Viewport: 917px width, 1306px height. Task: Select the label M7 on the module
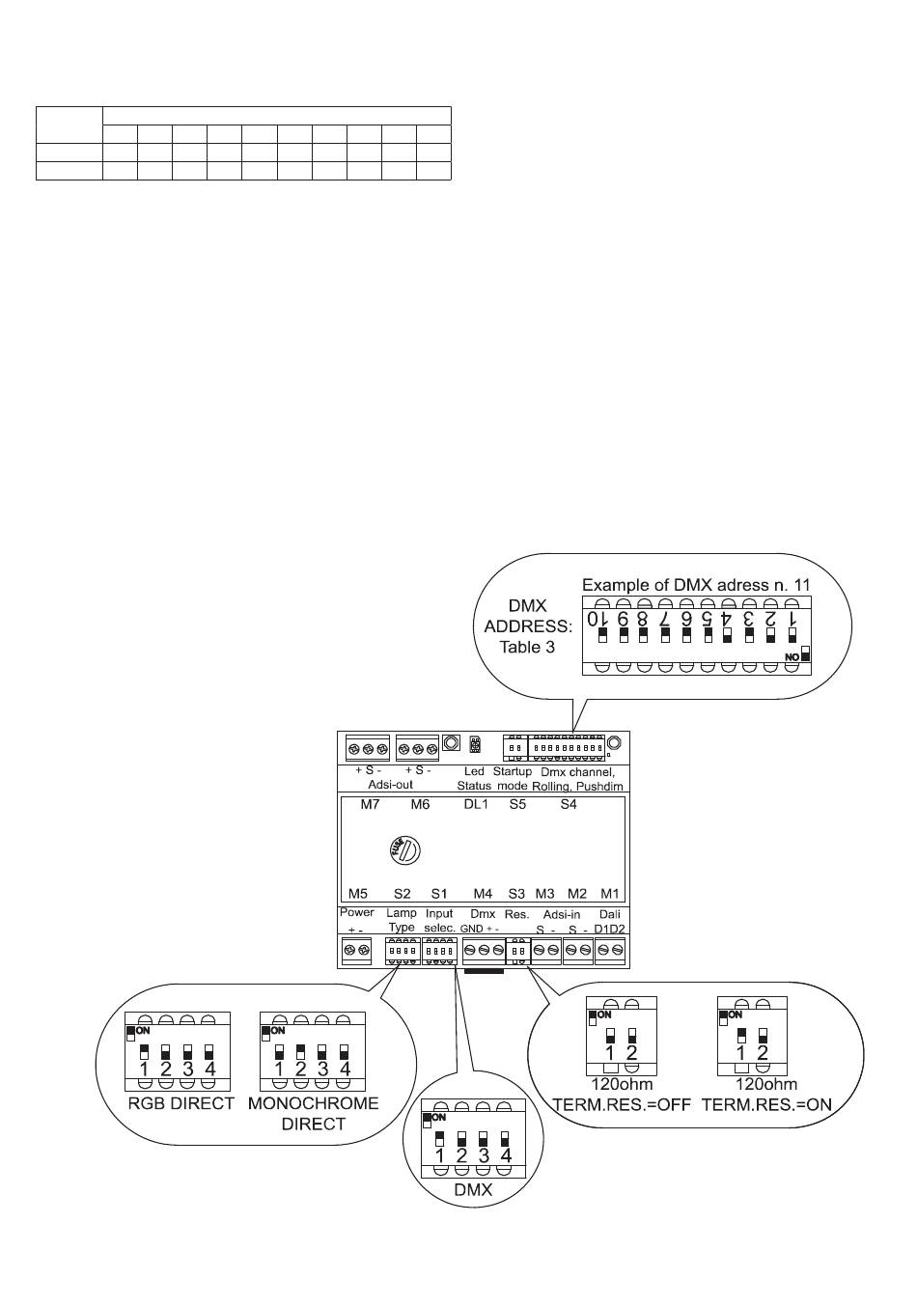click(370, 804)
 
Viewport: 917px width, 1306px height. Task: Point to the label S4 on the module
click(569, 804)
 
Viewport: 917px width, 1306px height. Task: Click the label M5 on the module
click(358, 894)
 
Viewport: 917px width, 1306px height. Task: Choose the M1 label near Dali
click(609, 894)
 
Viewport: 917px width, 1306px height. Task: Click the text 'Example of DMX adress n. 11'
click(695, 585)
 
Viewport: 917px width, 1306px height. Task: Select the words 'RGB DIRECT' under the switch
click(181, 1103)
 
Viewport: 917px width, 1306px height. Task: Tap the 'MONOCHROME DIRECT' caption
click(314, 1113)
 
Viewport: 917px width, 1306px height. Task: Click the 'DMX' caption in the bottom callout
click(473, 1190)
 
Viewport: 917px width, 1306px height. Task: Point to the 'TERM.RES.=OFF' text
click(621, 1105)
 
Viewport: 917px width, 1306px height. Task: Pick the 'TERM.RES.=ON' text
click(766, 1105)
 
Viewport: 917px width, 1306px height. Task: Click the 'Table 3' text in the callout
click(527, 647)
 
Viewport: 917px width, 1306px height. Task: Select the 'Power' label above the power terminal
click(357, 913)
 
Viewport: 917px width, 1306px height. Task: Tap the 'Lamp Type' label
click(402, 920)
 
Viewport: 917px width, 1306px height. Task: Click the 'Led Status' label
click(474, 778)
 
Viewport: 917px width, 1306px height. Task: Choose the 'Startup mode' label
click(513, 778)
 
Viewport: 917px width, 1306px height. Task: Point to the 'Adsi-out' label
click(391, 785)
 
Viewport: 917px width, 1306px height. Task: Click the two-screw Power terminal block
click(356, 951)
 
